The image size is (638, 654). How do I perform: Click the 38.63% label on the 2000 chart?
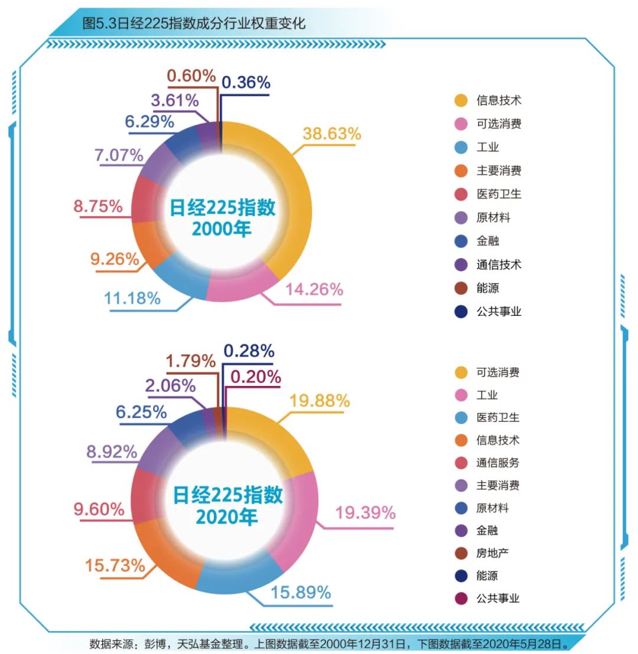coord(331,134)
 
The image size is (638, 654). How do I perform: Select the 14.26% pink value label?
coord(314,289)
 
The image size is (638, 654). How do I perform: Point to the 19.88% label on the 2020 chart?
coord(320,401)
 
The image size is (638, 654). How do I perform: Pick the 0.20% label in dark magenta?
coord(255,377)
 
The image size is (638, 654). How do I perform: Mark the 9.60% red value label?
coord(99,509)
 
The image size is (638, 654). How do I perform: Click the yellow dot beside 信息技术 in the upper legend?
coord(461,100)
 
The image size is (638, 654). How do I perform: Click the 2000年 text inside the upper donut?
coord(222,228)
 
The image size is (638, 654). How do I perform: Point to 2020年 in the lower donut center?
coord(227,517)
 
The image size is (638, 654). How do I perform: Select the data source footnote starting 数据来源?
coord(328,643)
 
